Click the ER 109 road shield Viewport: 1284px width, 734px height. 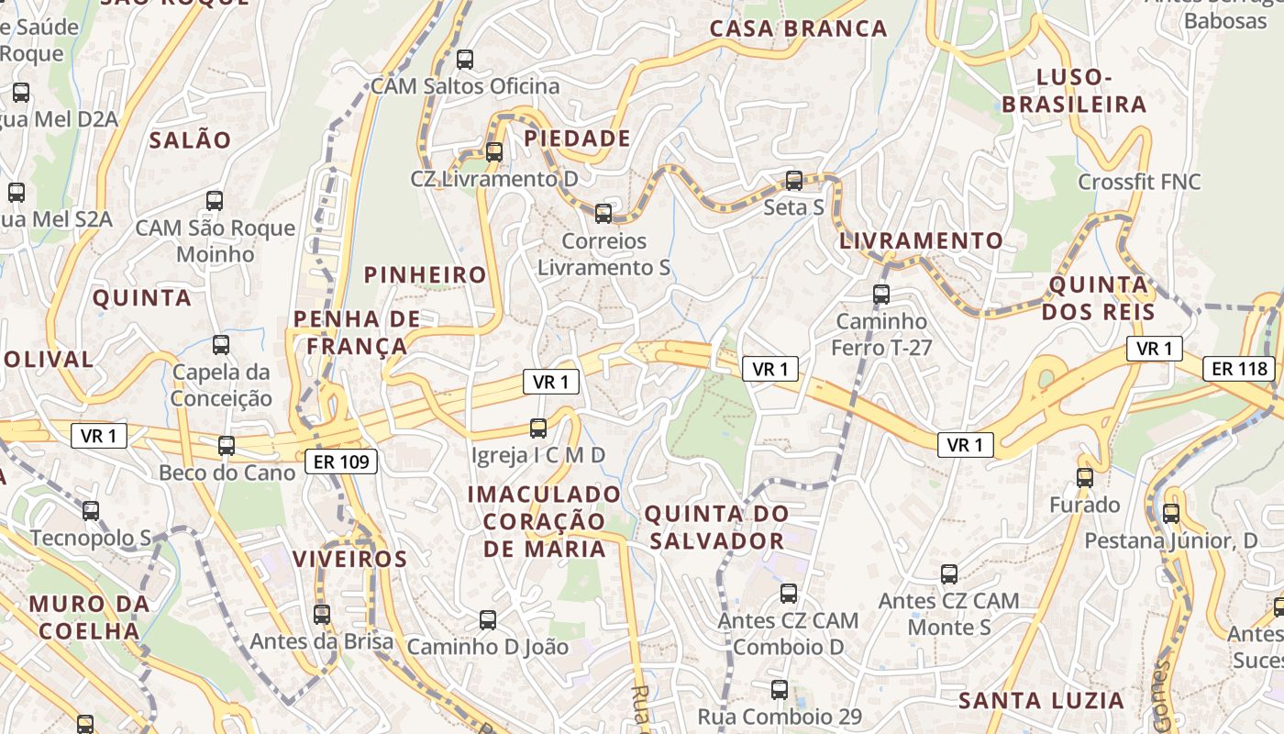point(341,462)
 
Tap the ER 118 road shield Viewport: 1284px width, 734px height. point(1239,369)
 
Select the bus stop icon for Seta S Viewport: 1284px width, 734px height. point(794,181)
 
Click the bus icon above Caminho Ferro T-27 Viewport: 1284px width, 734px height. point(881,295)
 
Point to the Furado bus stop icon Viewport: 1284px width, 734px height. point(1085,478)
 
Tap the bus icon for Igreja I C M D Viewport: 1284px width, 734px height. point(538,428)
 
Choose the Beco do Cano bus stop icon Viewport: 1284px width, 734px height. point(227,446)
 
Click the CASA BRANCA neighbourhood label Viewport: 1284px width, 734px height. point(799,28)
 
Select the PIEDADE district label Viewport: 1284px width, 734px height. point(577,139)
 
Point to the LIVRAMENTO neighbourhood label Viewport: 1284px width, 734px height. point(922,241)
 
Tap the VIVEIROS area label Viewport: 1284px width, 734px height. point(349,559)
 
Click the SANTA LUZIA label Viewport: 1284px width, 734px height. point(1041,701)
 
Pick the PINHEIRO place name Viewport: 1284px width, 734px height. point(426,274)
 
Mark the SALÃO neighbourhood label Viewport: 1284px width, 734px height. point(190,140)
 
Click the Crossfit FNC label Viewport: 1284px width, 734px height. point(1139,182)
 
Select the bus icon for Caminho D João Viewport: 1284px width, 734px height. point(488,620)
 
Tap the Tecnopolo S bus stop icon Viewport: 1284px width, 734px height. point(91,511)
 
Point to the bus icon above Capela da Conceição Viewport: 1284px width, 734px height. point(221,345)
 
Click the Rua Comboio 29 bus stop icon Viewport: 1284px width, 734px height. point(780,690)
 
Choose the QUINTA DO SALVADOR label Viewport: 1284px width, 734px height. point(716,527)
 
